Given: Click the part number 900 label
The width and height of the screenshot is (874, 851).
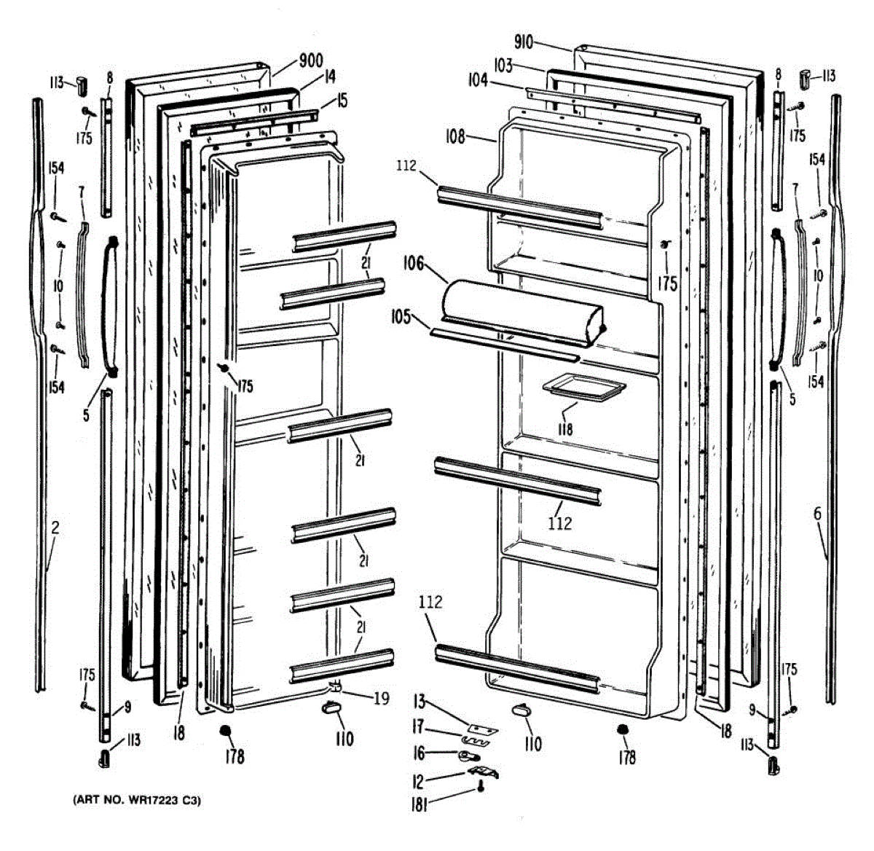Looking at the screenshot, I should (x=311, y=60).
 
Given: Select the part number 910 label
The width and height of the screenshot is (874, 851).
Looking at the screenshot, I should (x=524, y=43).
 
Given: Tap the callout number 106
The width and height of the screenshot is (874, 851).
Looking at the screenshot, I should (x=414, y=263).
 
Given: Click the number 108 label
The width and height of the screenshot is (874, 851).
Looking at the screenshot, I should (x=456, y=136).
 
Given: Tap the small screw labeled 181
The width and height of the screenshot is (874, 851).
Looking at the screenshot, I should (x=481, y=788).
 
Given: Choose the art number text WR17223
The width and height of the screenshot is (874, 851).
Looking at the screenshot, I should (x=155, y=801).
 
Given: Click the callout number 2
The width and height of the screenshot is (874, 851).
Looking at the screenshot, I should (x=55, y=527).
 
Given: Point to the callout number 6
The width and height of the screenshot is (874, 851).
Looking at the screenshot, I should (x=817, y=514).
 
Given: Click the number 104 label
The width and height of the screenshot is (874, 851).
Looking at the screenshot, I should (x=478, y=81).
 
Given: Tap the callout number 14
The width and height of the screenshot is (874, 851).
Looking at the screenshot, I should (x=329, y=76).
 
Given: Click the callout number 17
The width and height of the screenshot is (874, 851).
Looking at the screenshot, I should (x=418, y=726).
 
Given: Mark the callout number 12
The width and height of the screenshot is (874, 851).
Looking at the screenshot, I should (x=418, y=782).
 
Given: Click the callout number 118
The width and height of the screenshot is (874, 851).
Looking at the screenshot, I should (x=565, y=429).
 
